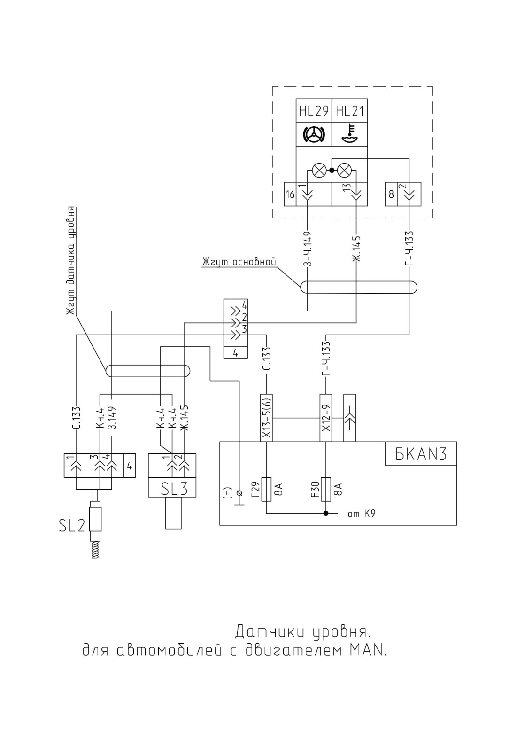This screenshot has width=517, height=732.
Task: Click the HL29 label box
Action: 314,111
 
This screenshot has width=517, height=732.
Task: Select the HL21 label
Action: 350,111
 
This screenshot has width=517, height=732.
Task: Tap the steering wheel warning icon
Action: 314,134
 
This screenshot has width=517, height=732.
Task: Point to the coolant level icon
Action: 350,134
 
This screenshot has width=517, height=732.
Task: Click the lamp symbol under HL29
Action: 319,170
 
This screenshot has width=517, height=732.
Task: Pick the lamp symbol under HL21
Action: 344,170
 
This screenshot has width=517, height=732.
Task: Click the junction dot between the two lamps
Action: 332,170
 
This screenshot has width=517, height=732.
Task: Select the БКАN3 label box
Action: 421,453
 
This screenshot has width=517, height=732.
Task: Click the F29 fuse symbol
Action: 266,489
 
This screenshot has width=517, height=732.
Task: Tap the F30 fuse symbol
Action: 325,489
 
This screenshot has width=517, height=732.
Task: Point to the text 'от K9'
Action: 362,514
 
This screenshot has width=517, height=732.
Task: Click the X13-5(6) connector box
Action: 266,418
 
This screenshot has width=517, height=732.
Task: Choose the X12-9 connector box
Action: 325,418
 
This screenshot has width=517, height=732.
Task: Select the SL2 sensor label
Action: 71,525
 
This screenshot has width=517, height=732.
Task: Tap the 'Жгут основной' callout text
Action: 239,262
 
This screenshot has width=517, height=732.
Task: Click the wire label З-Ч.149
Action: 307,249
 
